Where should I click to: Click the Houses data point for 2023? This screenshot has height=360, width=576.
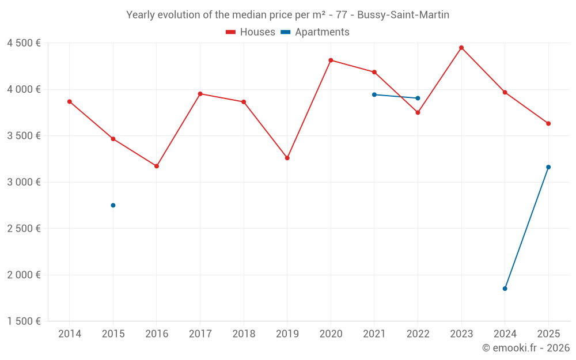coord(461,48)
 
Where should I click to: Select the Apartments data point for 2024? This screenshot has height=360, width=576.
coord(505,289)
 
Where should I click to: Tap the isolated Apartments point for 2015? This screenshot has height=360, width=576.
coord(113,205)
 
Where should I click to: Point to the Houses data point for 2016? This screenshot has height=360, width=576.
coord(157,166)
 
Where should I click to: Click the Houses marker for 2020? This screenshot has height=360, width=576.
coord(331,60)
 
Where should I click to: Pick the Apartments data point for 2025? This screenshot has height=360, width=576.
coord(548,167)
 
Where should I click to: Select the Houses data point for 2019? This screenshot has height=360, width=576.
coord(287,158)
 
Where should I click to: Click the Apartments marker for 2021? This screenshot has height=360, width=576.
coord(374,94)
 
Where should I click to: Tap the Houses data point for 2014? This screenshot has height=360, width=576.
coord(70,101)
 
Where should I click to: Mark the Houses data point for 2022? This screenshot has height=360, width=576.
coord(418,112)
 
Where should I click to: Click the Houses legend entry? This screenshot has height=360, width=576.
coord(251,32)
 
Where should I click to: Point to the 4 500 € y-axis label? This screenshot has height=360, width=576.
coord(24,43)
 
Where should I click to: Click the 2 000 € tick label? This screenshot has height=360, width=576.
coord(24,275)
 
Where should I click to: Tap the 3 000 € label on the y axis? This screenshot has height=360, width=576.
coord(24,182)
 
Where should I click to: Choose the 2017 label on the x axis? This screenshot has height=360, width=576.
coord(200,334)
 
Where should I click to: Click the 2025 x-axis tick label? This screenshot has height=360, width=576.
coord(548,334)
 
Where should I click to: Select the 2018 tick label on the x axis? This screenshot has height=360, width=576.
coord(244,334)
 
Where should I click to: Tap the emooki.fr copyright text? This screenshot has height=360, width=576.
coord(526,348)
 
